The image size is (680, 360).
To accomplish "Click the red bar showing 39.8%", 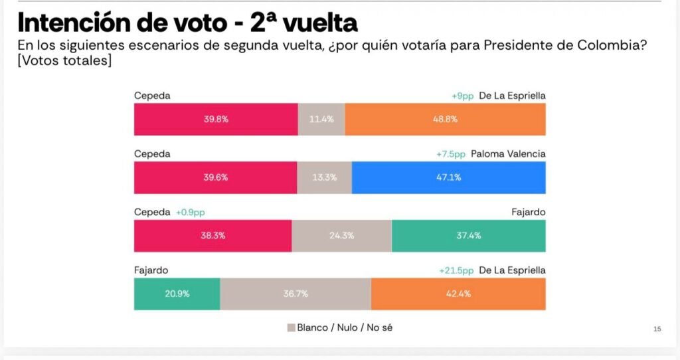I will (216, 120).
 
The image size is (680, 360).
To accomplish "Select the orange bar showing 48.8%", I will (445, 120).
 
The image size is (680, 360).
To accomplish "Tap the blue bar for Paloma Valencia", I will (448, 177).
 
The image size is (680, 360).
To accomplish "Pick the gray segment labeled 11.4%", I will (321, 120).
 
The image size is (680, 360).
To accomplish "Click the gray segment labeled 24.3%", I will (341, 236).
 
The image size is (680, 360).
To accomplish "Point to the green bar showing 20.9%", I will (177, 294).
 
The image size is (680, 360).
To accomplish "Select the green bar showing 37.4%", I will (468, 236).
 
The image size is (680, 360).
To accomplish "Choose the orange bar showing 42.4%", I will (458, 294).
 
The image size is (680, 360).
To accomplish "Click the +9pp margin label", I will (462, 96).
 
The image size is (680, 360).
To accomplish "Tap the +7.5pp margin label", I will (451, 154).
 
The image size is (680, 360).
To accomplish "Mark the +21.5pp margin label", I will (456, 270).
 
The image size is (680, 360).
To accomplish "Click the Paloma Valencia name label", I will (508, 154).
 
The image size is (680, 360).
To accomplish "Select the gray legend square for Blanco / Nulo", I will (290, 327).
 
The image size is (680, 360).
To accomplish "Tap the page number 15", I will (657, 329).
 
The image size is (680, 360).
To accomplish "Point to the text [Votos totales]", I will (64, 61).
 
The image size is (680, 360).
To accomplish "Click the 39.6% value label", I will (216, 177).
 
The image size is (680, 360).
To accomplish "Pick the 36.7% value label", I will (296, 294).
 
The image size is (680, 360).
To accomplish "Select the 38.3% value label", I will (212, 236).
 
